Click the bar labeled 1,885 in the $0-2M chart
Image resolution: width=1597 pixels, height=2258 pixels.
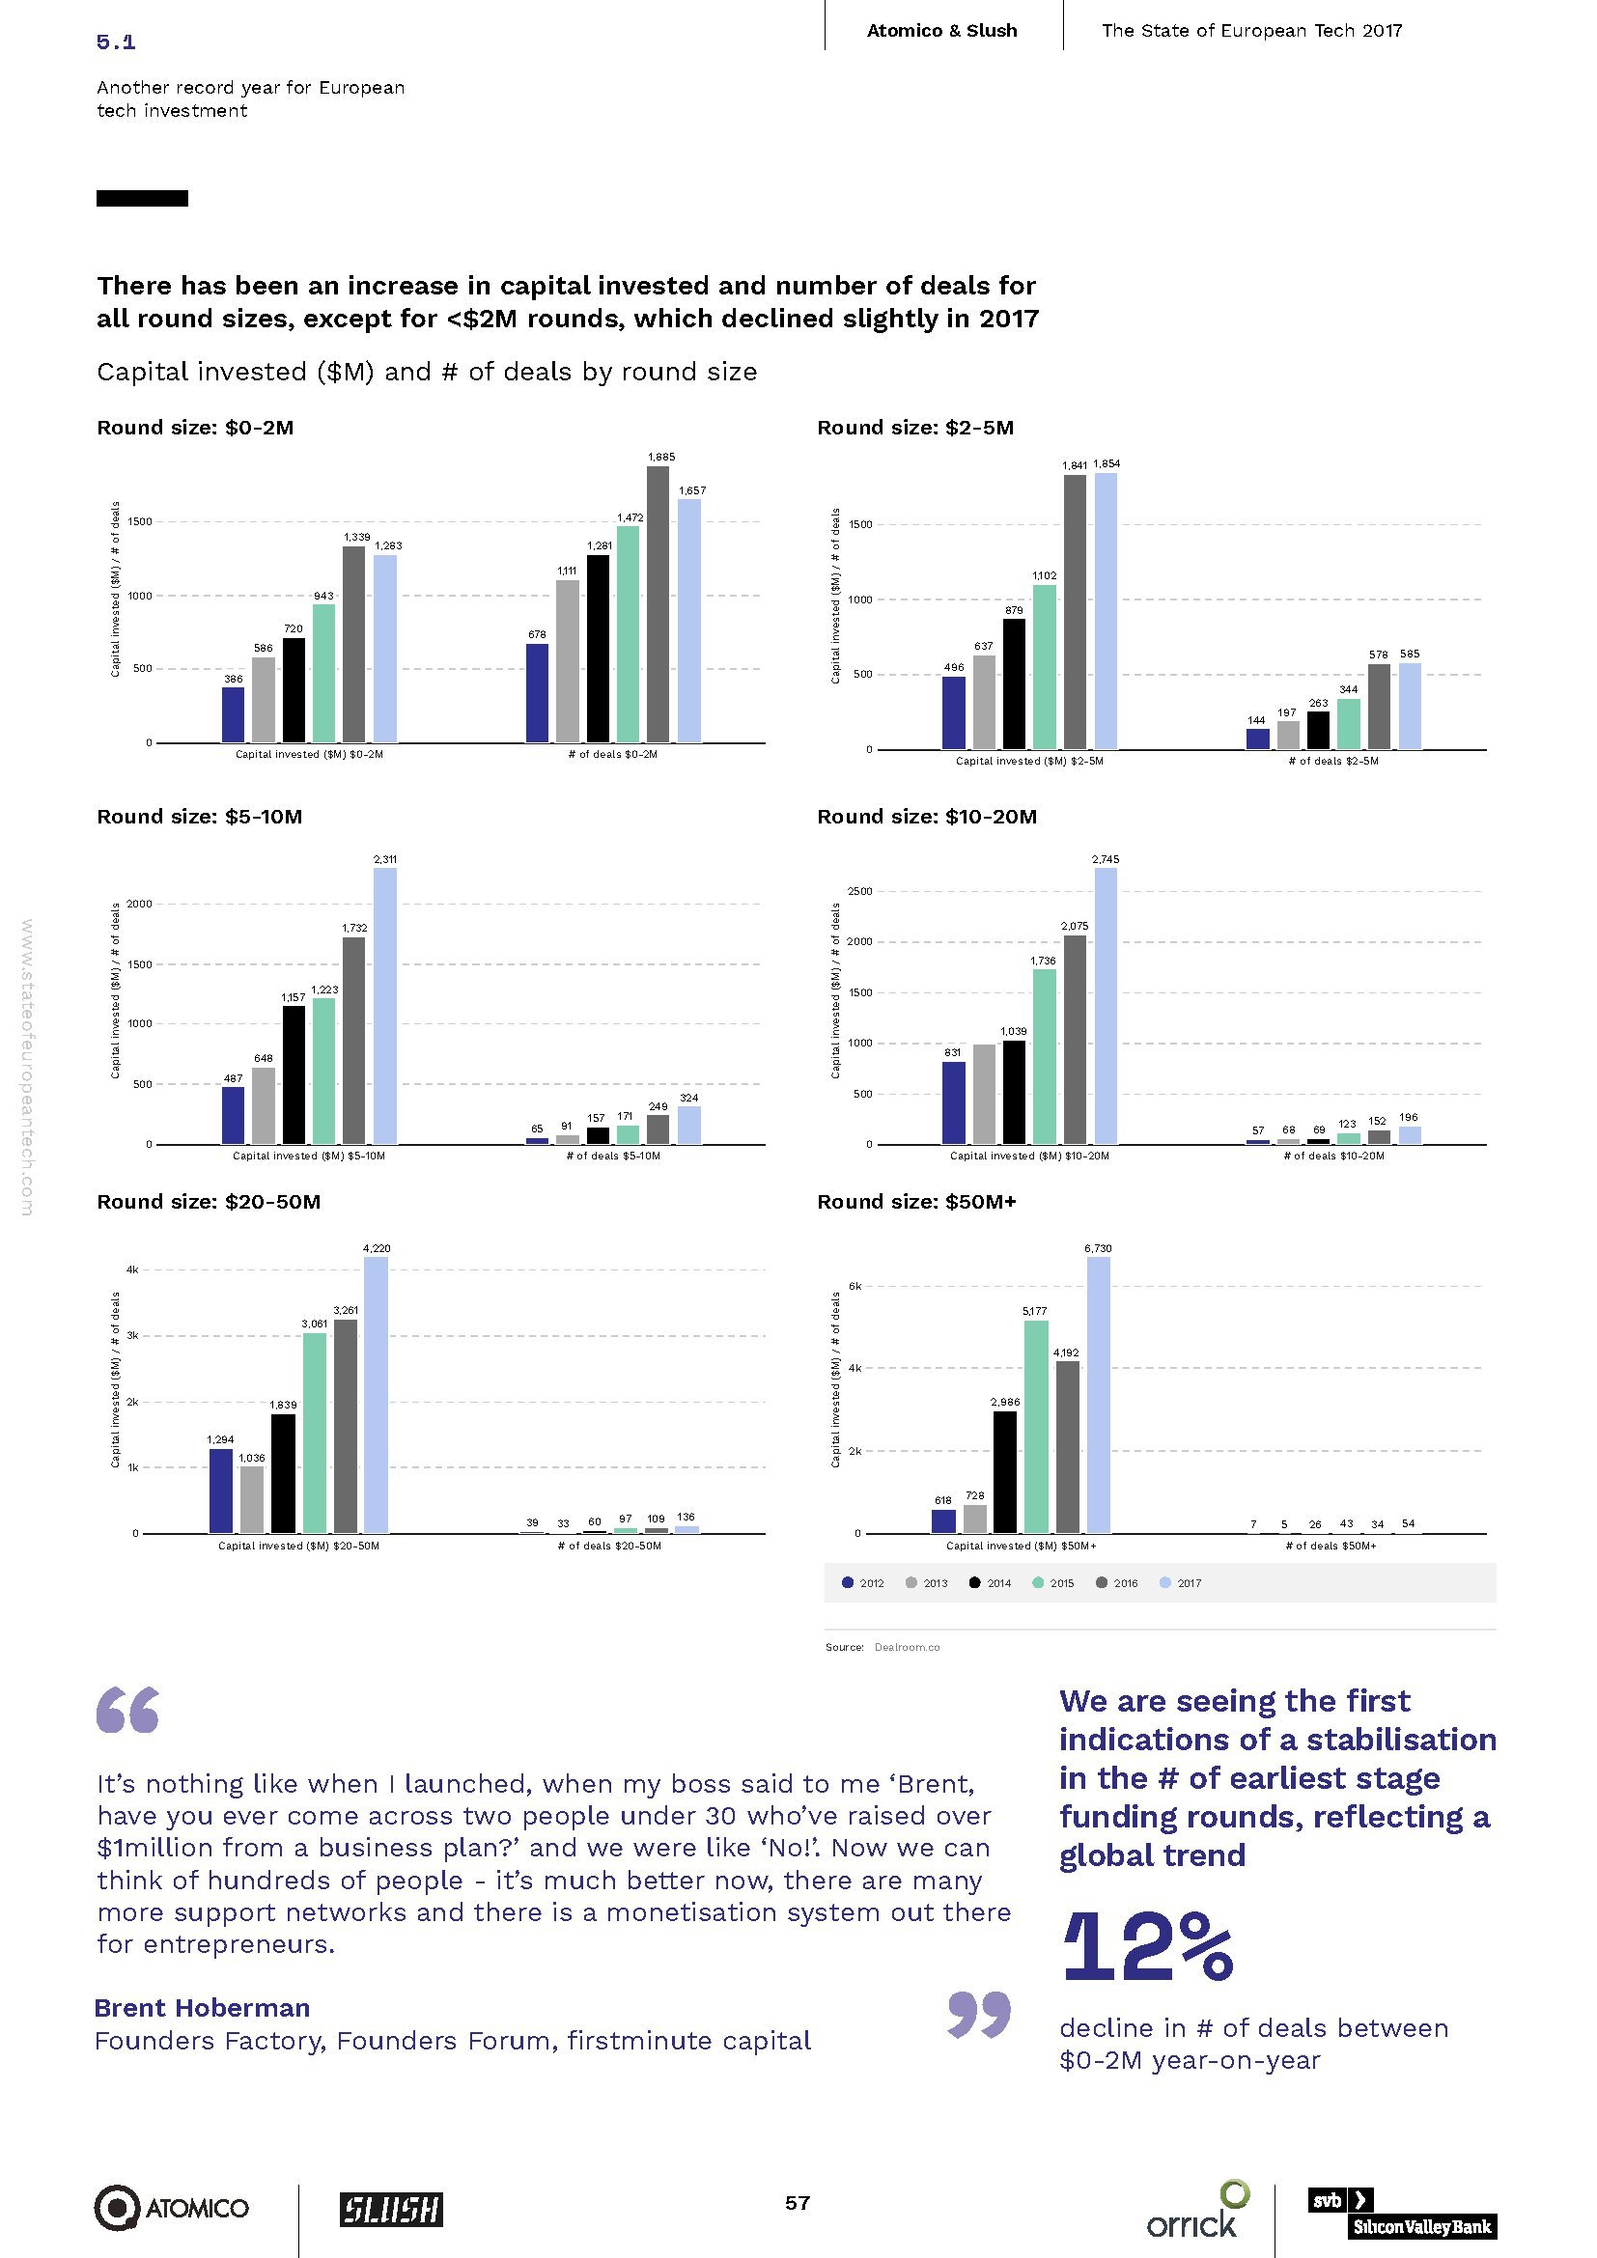point(658,605)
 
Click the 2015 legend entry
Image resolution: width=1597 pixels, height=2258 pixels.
point(1053,1583)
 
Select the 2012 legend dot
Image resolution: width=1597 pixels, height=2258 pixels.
point(848,1582)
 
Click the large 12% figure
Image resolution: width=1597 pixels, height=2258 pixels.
point(1148,1946)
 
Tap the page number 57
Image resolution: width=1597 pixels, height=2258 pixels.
point(798,2203)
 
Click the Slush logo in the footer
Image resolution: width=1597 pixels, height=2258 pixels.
point(391,2209)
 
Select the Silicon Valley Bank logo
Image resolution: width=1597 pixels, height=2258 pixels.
point(1401,2213)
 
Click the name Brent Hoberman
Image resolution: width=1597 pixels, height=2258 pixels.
point(202,2007)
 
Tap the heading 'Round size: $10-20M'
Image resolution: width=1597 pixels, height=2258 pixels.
point(926,817)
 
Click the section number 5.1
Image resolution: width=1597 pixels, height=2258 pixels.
point(116,42)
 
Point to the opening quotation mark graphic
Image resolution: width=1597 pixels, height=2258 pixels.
point(127,1711)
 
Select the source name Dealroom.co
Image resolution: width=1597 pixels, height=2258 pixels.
point(907,1647)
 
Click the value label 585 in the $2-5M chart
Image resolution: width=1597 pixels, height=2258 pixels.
point(1409,654)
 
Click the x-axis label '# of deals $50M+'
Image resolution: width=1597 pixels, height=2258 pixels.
point(1331,1546)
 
